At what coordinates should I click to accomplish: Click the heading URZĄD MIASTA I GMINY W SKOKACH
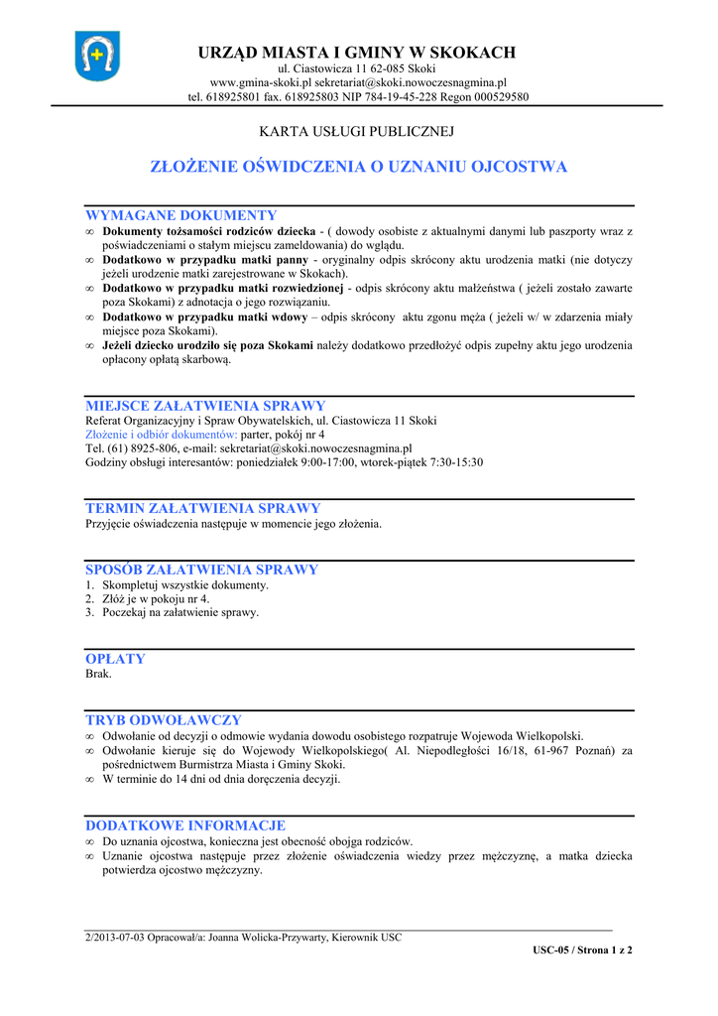(x=358, y=52)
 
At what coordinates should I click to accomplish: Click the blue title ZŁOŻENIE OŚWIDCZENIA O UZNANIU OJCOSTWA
(x=358, y=167)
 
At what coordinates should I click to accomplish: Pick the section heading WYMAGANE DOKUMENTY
(x=181, y=215)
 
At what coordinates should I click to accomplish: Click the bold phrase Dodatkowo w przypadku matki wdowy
(x=202, y=317)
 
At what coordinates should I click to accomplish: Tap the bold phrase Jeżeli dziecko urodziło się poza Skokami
(x=207, y=345)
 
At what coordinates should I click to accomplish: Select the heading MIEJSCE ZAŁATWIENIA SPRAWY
(x=205, y=406)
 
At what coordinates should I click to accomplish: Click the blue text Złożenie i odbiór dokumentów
(x=162, y=435)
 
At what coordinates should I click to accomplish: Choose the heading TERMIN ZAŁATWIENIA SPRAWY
(x=203, y=508)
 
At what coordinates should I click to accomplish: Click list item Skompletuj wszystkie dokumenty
(x=185, y=584)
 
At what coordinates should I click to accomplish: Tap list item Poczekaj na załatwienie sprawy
(x=180, y=612)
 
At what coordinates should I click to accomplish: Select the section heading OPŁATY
(x=115, y=659)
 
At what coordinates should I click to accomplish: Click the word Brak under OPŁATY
(x=98, y=674)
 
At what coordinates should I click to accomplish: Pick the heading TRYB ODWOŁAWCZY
(x=164, y=719)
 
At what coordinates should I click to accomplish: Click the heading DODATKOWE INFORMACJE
(x=185, y=825)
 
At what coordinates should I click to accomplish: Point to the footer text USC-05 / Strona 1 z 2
(x=582, y=950)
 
